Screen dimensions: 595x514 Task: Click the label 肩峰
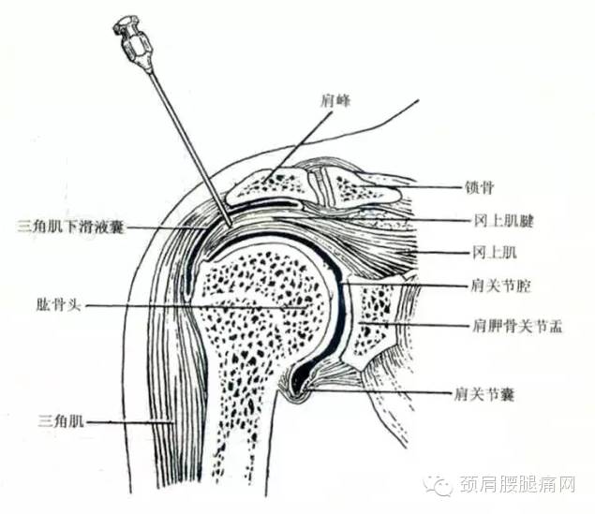pyautogui.click(x=335, y=101)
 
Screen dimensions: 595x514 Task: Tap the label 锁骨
pyautogui.click(x=480, y=187)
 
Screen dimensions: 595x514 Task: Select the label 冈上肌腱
pyautogui.click(x=503, y=221)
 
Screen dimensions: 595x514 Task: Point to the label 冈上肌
pyautogui.click(x=495, y=252)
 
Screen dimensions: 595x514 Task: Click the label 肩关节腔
pyautogui.click(x=501, y=286)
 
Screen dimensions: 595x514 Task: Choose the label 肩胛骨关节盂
pyautogui.click(x=517, y=326)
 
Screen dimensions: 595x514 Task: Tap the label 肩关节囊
pyautogui.click(x=484, y=394)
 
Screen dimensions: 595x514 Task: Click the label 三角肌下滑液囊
pyautogui.click(x=70, y=228)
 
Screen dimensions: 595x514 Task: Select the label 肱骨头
pyautogui.click(x=58, y=305)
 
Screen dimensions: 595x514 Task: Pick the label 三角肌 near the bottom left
pyautogui.click(x=61, y=421)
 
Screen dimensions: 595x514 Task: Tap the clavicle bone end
pyautogui.click(x=361, y=187)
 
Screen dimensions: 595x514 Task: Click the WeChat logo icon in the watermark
pyautogui.click(x=439, y=484)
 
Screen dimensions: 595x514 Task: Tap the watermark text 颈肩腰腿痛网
pyautogui.click(x=517, y=485)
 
